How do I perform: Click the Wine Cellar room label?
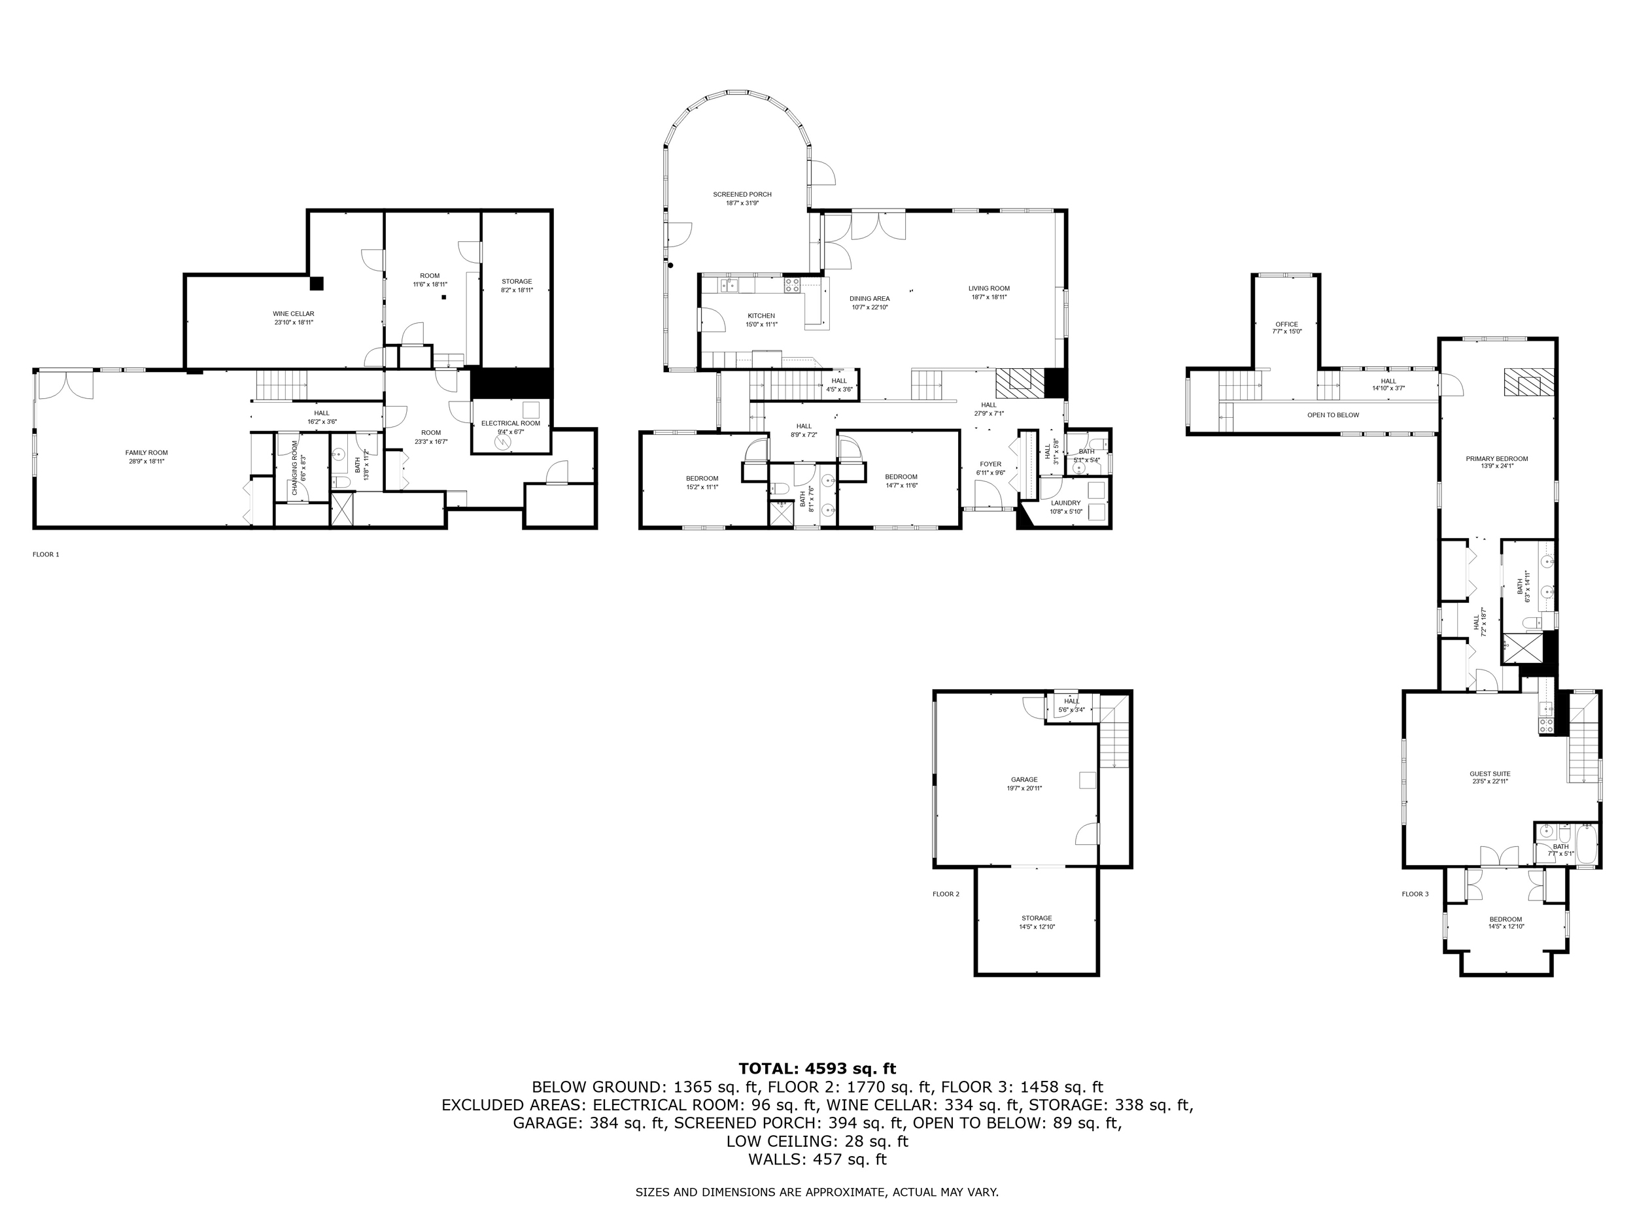(x=294, y=313)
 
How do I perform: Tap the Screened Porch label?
(x=742, y=194)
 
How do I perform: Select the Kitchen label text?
(x=761, y=316)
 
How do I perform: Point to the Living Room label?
(x=989, y=288)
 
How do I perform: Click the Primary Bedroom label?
(x=1497, y=458)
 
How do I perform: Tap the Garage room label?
(x=1024, y=779)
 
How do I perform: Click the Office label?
(x=1287, y=324)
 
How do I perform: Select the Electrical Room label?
(x=511, y=424)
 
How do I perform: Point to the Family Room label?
(x=146, y=452)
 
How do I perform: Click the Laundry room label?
(x=1066, y=503)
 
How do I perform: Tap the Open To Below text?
(x=1334, y=415)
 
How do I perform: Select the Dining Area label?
(x=870, y=299)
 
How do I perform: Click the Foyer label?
(x=990, y=464)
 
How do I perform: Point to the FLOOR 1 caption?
(x=46, y=554)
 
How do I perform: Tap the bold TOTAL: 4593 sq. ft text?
(x=817, y=1068)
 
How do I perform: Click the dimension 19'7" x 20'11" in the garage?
(x=1024, y=788)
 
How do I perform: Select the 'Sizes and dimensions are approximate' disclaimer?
(x=817, y=1191)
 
